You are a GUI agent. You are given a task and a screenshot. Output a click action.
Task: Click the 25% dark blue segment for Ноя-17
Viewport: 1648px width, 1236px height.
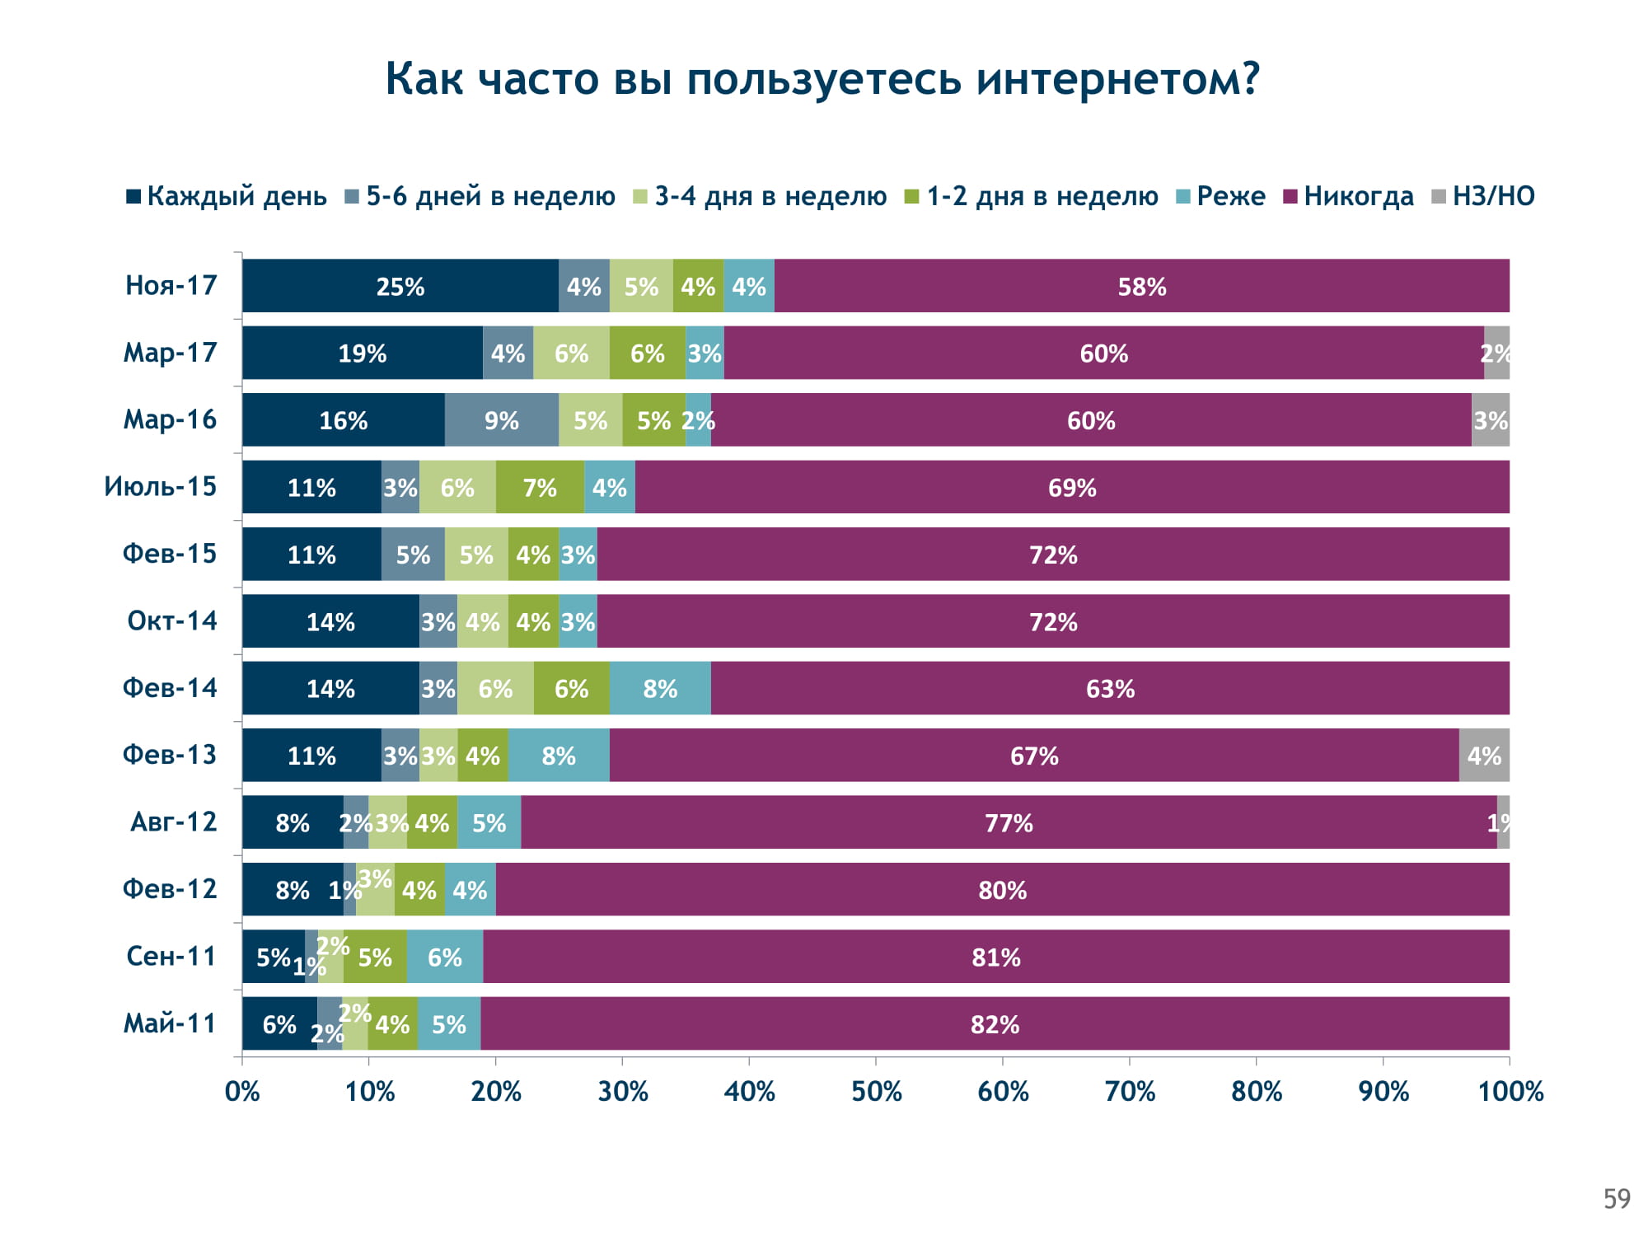coord(400,286)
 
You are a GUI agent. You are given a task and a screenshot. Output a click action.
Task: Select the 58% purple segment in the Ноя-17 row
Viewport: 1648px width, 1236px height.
coord(1141,286)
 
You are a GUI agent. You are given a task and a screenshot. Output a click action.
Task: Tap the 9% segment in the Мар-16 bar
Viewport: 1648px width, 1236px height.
coord(502,420)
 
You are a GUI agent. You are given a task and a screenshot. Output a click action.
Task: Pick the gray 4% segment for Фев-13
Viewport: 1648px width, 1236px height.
coord(1484,756)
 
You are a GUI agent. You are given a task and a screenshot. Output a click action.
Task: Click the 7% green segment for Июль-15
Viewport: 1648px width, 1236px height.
coord(540,487)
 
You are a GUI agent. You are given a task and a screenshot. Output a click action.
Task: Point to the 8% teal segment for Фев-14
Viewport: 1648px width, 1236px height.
coord(660,688)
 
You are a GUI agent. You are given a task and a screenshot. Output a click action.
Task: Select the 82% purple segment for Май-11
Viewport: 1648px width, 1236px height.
coord(995,1024)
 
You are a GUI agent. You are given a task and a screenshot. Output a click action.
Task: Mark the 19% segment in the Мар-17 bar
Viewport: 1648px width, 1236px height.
coord(363,353)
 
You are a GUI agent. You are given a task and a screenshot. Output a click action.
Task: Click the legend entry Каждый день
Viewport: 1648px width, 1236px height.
coord(227,197)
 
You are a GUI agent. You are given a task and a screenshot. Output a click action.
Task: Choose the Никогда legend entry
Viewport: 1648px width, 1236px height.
coord(1349,197)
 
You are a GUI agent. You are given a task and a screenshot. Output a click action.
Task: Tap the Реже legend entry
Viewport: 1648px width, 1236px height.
coord(1221,197)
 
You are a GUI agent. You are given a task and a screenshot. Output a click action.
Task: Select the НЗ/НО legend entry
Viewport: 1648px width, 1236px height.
coord(1483,197)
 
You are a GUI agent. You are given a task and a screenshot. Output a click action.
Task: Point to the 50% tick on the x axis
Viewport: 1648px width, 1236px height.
coord(876,1092)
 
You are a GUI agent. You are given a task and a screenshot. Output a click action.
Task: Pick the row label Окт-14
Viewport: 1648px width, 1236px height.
coord(172,620)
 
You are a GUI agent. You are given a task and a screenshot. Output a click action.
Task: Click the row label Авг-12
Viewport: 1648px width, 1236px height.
coord(173,822)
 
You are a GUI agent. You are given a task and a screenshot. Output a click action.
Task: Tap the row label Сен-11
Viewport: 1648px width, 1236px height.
coord(171,956)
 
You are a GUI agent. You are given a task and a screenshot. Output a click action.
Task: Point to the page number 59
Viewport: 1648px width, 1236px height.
coord(1617,1199)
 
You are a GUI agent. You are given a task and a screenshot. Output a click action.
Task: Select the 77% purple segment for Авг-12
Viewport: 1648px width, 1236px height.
coord(1009,822)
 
